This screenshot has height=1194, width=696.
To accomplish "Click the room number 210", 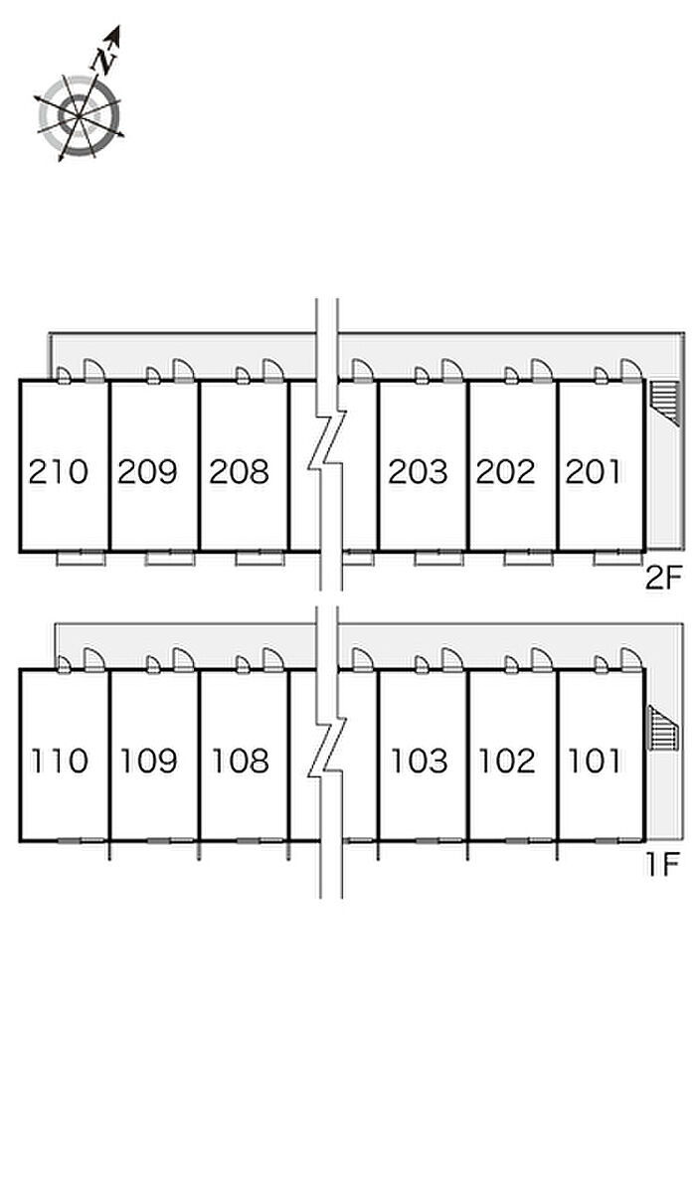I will [x=59, y=471].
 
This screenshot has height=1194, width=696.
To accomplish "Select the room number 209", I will [x=147, y=471].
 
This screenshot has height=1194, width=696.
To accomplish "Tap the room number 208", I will [x=239, y=471].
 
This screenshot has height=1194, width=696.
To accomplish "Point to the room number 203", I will [x=418, y=471].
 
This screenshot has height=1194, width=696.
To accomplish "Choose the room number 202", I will [x=506, y=471].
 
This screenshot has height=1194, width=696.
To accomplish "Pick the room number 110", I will [x=59, y=762].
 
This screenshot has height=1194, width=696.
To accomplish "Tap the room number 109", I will [x=149, y=762].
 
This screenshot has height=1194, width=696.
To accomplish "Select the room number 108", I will [x=240, y=762].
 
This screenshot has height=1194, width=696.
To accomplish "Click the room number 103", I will [x=419, y=762].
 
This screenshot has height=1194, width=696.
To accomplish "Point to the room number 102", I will [x=508, y=762].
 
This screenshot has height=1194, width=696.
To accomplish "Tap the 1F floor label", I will [x=661, y=863].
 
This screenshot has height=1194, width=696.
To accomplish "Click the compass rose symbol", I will [x=80, y=114].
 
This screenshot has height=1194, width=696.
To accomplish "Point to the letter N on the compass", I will [x=103, y=60].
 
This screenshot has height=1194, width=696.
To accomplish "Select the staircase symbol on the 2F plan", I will [x=663, y=402].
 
